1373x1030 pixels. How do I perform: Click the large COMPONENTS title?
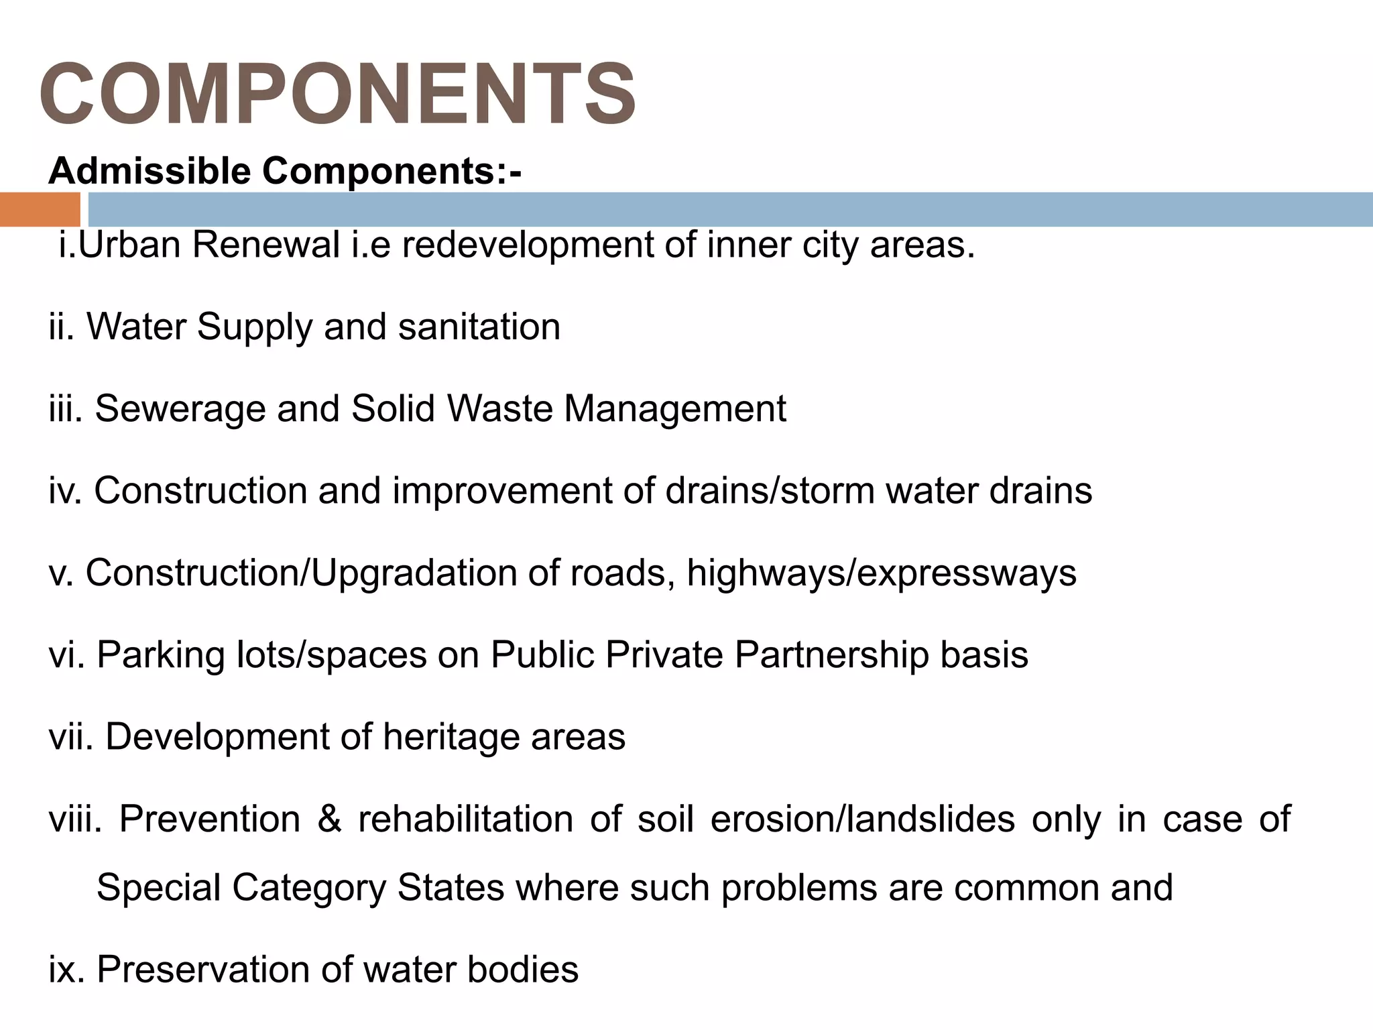[x=337, y=93]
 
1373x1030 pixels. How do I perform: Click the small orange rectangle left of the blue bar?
[x=40, y=209]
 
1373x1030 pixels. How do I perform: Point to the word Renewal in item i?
[x=266, y=245]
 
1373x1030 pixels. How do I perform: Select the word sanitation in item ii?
[x=479, y=327]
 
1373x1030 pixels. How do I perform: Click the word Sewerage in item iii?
[x=180, y=409]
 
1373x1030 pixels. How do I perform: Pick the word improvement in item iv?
[x=502, y=491]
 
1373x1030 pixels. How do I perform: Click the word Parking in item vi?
[x=160, y=655]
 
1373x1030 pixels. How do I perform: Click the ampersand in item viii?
[x=329, y=819]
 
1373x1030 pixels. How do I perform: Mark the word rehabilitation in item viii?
[x=466, y=819]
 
